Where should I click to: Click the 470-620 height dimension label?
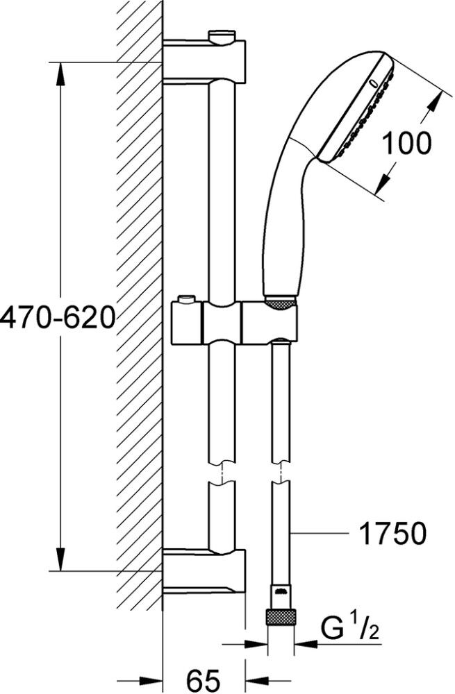click(57, 317)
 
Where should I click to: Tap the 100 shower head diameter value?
click(406, 143)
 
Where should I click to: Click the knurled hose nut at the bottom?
click(281, 616)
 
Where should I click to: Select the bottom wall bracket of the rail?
click(204, 570)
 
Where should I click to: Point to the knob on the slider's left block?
click(185, 299)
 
